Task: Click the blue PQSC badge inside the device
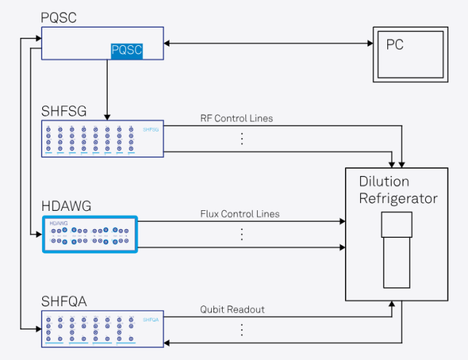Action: click(x=127, y=50)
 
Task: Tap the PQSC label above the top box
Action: click(x=60, y=16)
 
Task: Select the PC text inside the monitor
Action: click(x=395, y=45)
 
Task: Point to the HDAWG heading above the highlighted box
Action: click(x=66, y=206)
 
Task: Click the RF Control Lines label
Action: click(x=237, y=119)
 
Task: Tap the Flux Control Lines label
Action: click(x=239, y=214)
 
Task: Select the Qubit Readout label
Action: click(x=232, y=309)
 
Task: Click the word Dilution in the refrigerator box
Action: click(x=384, y=181)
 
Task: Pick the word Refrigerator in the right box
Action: click(x=398, y=198)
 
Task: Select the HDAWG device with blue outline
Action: click(x=89, y=234)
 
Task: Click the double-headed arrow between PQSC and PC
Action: click(x=268, y=44)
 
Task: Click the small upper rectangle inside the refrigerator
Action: click(x=397, y=224)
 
